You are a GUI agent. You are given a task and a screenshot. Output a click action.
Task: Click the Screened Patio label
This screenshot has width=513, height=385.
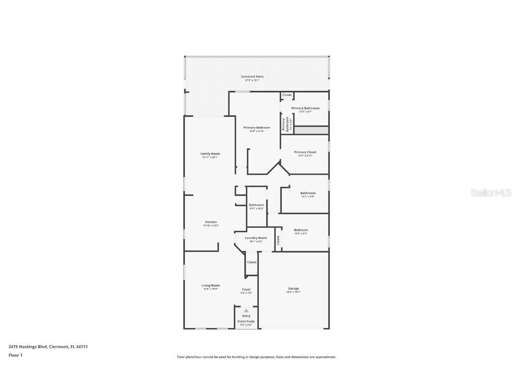point(252,77)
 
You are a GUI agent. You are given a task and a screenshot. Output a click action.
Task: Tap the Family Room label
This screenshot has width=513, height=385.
point(210,154)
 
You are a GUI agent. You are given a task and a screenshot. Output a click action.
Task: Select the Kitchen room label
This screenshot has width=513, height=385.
point(211,222)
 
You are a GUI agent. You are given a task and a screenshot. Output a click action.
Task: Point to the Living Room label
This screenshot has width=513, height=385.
point(211,285)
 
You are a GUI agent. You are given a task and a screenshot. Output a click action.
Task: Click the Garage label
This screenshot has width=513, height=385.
point(293,288)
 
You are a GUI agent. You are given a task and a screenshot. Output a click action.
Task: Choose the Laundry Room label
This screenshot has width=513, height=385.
point(256,238)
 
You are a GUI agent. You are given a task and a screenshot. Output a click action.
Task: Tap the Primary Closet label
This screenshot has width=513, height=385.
point(305,152)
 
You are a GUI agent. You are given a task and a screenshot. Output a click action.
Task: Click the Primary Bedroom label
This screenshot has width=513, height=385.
point(256,127)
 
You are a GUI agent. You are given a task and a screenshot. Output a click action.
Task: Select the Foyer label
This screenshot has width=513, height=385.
point(246,289)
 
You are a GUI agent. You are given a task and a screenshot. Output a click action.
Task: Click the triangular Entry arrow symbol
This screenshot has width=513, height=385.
point(246,311)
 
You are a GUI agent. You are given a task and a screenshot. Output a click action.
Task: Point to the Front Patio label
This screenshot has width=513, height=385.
point(246,321)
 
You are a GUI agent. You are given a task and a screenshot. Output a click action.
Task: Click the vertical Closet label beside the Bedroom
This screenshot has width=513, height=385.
point(278,240)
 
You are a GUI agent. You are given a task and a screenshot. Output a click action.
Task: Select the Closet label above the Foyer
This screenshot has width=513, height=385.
point(252,262)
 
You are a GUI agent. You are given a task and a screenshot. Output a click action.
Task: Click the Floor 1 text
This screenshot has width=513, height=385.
point(15,355)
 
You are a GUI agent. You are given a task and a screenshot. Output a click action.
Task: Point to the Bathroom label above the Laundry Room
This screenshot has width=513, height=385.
point(256,205)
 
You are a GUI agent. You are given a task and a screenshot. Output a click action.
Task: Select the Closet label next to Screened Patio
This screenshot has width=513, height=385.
point(287,95)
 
